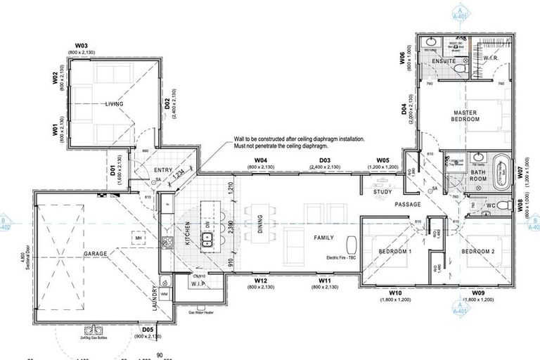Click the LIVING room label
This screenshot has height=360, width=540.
(114, 104)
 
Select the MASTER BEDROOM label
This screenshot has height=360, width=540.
(465, 116)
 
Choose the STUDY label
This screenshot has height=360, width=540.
(383, 191)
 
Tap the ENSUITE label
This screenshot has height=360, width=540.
(445, 61)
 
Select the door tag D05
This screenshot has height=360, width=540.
(148, 329)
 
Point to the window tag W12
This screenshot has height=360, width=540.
(260, 281)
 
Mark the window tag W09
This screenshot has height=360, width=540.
(479, 292)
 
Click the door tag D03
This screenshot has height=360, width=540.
(325, 161)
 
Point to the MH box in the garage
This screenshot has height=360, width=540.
(139, 238)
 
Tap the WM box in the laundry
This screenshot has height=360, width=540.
(164, 293)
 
